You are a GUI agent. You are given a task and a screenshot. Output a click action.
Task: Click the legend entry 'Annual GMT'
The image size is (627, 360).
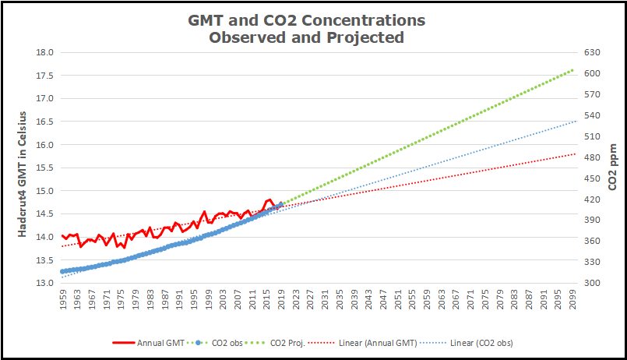click(159, 342)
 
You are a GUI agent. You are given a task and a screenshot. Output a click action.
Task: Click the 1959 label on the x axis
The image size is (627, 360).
click(63, 300)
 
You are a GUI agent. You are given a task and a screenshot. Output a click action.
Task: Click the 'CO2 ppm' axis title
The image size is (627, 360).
click(614, 168)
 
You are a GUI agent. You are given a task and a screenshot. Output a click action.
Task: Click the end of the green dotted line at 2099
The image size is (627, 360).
click(573, 70)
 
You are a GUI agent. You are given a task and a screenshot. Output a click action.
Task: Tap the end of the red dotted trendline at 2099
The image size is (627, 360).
click(575, 154)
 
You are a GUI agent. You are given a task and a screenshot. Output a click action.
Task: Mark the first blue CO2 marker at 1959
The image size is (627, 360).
click(62, 271)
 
